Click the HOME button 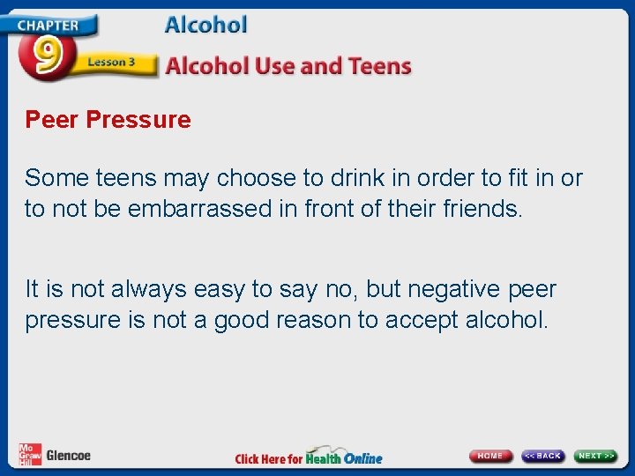coord(491,456)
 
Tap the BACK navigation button coord(542,456)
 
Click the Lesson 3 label coord(111,63)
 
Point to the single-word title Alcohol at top coord(205,26)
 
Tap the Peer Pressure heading coord(108,120)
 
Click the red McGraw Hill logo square coord(30,454)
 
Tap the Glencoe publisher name coord(68,456)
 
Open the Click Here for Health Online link coord(309,457)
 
